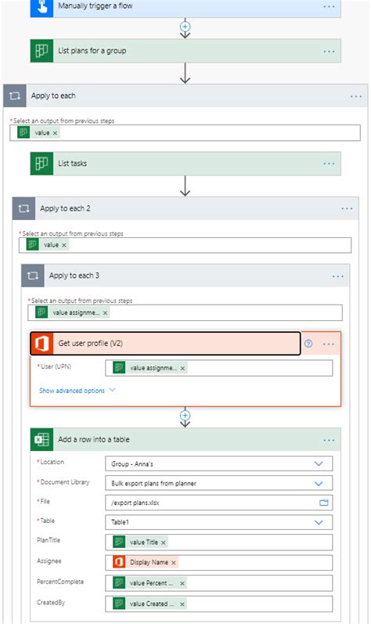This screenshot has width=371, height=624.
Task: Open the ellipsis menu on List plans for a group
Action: (329, 51)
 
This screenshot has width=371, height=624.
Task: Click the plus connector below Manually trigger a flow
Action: (185, 26)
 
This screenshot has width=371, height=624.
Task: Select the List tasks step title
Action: (73, 163)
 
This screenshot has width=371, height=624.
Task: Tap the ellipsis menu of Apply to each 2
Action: (347, 208)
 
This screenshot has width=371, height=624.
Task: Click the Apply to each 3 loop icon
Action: (33, 276)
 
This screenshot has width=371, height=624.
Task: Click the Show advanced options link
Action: (72, 390)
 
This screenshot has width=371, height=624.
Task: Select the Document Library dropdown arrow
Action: (319, 483)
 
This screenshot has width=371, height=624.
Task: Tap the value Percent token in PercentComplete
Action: (147, 583)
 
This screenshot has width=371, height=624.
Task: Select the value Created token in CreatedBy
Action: (147, 603)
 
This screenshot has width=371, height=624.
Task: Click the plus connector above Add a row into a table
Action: (185, 415)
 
